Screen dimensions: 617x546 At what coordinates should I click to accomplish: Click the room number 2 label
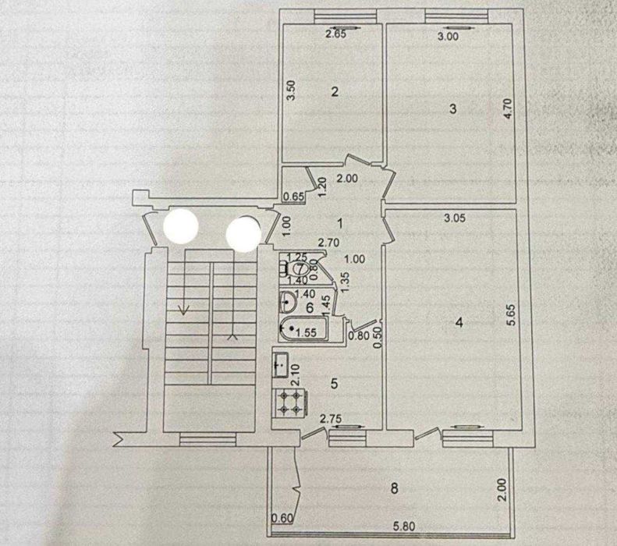pos(335,92)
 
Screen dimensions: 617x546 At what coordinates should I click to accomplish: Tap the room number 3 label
pos(453,108)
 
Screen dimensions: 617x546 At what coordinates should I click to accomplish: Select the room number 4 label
pos(459,323)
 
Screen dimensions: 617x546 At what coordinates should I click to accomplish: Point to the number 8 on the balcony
pos(394,488)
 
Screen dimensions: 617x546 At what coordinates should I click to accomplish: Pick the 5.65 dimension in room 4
pos(511,314)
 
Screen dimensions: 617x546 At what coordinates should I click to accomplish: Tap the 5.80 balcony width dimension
pos(404,526)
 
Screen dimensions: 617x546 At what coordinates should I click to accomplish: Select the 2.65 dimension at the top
pos(335,34)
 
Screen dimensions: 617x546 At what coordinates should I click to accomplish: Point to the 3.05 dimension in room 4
pos(455,218)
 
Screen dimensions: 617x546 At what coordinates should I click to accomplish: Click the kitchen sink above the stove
pos(280,365)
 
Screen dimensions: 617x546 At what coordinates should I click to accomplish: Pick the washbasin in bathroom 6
pos(289,302)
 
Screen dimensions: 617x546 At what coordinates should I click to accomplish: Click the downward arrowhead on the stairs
pos(183,310)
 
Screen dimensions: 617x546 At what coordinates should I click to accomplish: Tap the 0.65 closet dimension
pos(294,197)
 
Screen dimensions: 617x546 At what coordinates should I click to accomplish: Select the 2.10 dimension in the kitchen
pos(296,374)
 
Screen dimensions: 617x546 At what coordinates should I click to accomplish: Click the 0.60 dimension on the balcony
pos(283,519)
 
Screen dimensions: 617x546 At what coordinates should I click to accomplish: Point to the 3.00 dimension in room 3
pos(448,37)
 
